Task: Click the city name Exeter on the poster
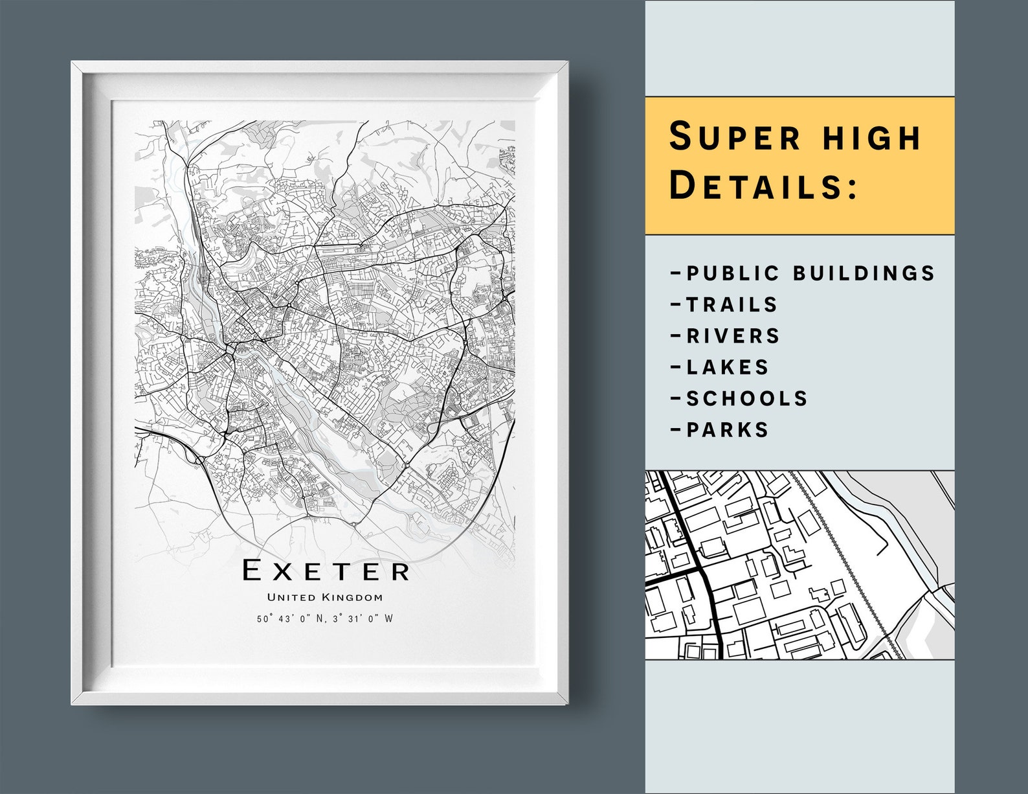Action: click(x=326, y=571)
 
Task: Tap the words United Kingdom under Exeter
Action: click(x=325, y=597)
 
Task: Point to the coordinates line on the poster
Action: click(x=325, y=618)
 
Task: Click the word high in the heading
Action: click(x=867, y=137)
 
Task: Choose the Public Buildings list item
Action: click(x=803, y=273)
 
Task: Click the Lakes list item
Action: click(x=721, y=367)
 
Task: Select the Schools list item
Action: click(x=740, y=398)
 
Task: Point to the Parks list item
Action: click(x=721, y=429)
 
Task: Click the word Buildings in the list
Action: click(x=864, y=273)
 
